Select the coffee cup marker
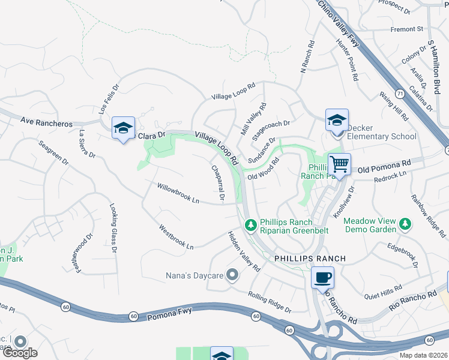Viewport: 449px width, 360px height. coord(323,277)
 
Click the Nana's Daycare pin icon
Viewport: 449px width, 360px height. coord(233,275)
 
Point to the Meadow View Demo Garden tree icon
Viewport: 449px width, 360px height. coord(406,224)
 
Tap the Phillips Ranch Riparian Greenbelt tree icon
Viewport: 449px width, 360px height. coord(252,224)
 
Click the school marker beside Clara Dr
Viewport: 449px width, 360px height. coord(123,128)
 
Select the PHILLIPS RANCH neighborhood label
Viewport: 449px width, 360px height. coord(310,258)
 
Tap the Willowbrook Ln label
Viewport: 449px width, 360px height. coord(178,193)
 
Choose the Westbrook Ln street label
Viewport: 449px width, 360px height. coord(176,238)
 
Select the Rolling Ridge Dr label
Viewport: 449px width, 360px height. coord(270,302)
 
